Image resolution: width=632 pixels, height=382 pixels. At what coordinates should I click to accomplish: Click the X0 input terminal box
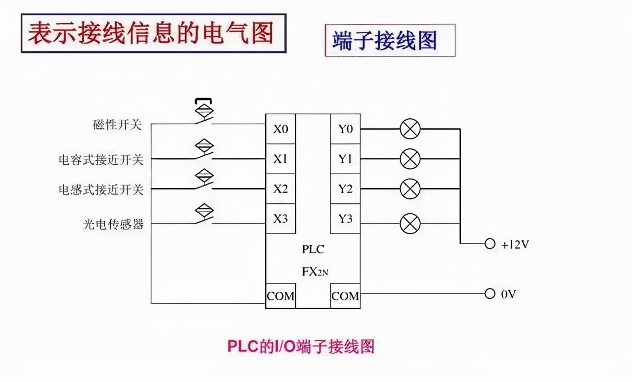pos(280,129)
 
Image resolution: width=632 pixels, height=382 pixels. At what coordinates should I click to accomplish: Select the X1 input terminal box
pos(280,159)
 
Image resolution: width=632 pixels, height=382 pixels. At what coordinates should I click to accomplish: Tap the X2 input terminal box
pos(280,189)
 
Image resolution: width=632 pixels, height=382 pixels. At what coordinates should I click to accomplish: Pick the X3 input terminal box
pos(280,218)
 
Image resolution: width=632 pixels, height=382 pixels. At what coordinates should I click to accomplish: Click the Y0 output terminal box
pos(345,129)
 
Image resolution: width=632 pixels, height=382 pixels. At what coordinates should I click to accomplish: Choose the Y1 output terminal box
pos(345,159)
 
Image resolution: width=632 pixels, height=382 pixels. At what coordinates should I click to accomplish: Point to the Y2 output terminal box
pos(345,189)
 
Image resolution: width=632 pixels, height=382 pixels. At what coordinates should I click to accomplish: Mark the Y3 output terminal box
pos(345,218)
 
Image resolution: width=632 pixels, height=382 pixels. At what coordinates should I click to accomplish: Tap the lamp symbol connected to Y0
pos(410,129)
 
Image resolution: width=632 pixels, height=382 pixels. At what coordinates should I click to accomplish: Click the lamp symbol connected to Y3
pos(410,224)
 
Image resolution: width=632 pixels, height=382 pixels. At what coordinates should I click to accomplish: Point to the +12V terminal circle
pos(490,244)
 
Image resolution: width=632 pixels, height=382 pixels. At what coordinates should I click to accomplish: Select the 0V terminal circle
pos(490,294)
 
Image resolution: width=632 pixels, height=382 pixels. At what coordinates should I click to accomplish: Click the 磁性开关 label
pos(117,125)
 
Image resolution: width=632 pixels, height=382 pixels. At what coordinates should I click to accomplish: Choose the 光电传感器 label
pos(113,224)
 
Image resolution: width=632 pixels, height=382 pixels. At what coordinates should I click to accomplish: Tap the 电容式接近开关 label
pos(101,160)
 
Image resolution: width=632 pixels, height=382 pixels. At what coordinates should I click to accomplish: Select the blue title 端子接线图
pos(385,41)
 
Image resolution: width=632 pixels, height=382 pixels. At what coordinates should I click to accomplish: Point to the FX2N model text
pos(315,271)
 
